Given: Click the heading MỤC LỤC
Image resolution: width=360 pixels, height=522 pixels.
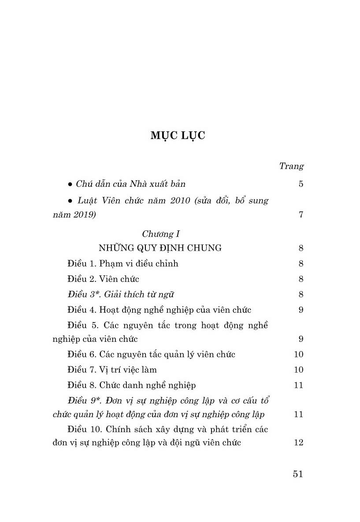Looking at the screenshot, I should pyautogui.click(x=178, y=136).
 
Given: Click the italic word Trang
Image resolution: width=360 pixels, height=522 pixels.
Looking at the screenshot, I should pyautogui.click(x=291, y=166).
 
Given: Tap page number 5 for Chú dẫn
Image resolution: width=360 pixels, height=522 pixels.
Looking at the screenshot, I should pyautogui.click(x=301, y=184).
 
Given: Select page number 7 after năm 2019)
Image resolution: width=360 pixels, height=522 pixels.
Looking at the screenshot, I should pyautogui.click(x=301, y=215).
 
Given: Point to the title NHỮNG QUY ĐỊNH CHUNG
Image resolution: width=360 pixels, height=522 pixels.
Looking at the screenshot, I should pyautogui.click(x=160, y=248).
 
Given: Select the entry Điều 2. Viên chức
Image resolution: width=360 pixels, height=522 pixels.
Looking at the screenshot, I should pyautogui.click(x=104, y=279).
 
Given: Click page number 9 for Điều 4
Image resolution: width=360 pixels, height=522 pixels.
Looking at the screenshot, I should pyautogui.click(x=301, y=310).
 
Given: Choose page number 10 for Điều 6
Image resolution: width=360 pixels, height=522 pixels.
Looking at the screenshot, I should pyautogui.click(x=298, y=354).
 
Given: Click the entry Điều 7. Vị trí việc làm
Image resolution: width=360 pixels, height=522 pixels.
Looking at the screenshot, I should pyautogui.click(x=112, y=370).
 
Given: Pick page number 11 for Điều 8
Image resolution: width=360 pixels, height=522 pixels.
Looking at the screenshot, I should pyautogui.click(x=298, y=385).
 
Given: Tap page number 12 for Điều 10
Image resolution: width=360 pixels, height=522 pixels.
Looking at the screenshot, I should pyautogui.click(x=298, y=443).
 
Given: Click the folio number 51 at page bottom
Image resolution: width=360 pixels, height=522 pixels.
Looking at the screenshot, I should pyautogui.click(x=298, y=474).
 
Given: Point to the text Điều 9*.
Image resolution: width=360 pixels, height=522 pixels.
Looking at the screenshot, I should pyautogui.click(x=82, y=401).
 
